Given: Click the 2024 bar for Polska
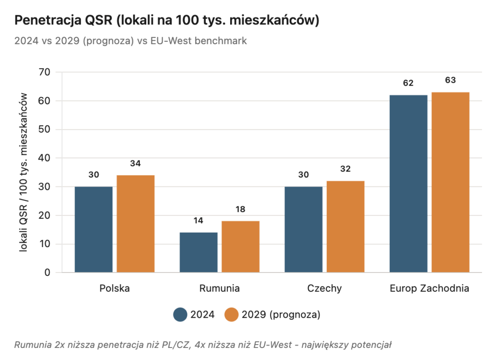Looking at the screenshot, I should click(93, 229).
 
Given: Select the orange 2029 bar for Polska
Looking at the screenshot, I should click(135, 223).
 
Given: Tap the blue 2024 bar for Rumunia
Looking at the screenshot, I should click(198, 252).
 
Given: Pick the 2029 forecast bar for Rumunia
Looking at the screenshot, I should click(240, 247).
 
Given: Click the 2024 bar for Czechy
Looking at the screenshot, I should click(303, 229).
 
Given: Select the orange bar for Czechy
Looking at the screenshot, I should click(345, 226).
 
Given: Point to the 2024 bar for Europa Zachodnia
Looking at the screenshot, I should click(408, 184).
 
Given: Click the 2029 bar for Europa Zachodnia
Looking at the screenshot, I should click(450, 182).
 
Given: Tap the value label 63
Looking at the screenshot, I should click(450, 80).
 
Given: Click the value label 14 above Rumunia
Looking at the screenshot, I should click(198, 221).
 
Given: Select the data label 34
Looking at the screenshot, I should click(135, 163).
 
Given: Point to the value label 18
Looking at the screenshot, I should click(240, 209).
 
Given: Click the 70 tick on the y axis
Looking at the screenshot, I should click(45, 73).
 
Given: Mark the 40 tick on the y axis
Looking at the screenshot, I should click(45, 158).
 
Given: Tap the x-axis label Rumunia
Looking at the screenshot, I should click(219, 288).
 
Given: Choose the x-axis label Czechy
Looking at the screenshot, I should click(324, 288).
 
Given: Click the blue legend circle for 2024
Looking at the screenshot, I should click(180, 314).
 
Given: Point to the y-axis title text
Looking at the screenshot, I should click(24, 173).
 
